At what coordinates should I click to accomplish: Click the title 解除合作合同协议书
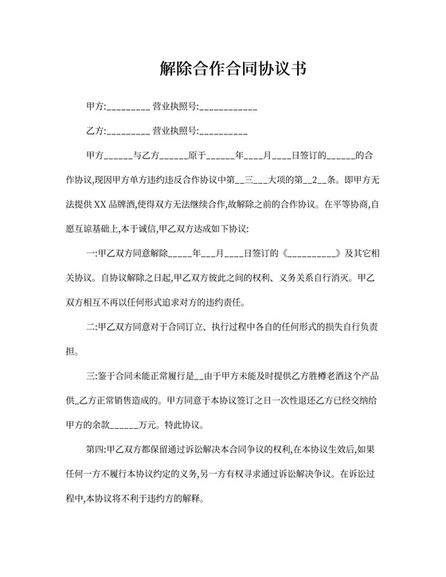point(223,68)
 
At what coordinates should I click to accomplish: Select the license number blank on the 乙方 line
point(225,131)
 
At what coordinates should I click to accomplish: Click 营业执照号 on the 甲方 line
point(173,107)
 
